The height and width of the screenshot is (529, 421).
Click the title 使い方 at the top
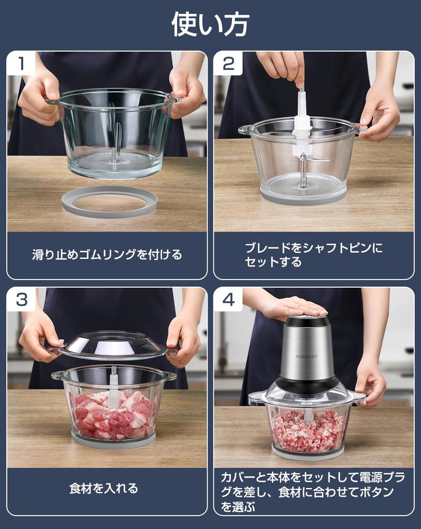coord(210,24)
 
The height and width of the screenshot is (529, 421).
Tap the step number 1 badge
coord(21,64)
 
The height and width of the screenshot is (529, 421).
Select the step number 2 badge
coord(228,64)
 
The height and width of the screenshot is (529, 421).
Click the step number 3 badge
coord(21,299)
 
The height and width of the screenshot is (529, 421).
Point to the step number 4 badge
coord(228,299)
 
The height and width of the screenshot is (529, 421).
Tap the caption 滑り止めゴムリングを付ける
coord(107,255)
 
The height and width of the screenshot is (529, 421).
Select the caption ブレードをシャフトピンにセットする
coord(314,255)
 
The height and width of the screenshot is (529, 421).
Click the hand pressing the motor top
coord(294,307)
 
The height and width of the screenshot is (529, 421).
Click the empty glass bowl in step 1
coord(115,132)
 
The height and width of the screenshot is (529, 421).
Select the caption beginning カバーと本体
coord(313,492)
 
